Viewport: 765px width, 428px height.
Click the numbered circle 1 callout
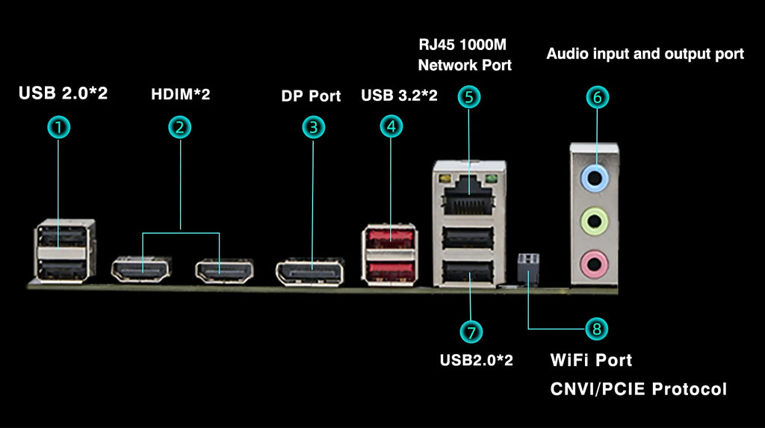point(58,128)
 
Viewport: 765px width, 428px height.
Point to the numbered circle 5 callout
point(468,96)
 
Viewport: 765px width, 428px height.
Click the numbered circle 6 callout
point(598,97)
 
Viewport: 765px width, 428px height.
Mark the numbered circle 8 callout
point(596,329)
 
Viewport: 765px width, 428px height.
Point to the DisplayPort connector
point(310,272)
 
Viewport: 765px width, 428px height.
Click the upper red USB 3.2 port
point(390,238)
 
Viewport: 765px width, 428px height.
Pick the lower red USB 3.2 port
point(390,267)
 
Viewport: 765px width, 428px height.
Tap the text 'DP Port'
point(311,96)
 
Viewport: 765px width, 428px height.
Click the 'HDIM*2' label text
point(181,95)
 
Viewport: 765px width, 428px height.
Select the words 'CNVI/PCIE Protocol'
point(638,388)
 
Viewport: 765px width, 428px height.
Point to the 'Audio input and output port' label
point(645,54)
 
